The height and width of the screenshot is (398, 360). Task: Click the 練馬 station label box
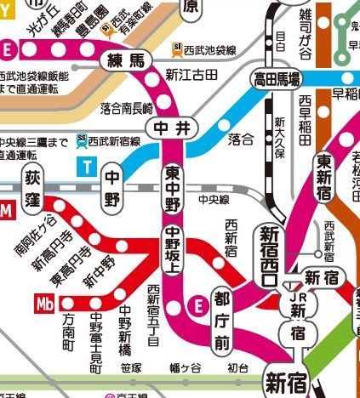coord(126,61)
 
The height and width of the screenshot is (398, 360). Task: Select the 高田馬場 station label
coord(277,80)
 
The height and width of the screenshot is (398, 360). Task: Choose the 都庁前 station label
coord(222,321)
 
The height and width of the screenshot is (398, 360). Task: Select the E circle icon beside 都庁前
coord(197,304)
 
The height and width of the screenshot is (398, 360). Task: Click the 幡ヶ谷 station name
coord(185,368)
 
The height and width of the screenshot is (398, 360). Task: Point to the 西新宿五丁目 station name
coord(153,316)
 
